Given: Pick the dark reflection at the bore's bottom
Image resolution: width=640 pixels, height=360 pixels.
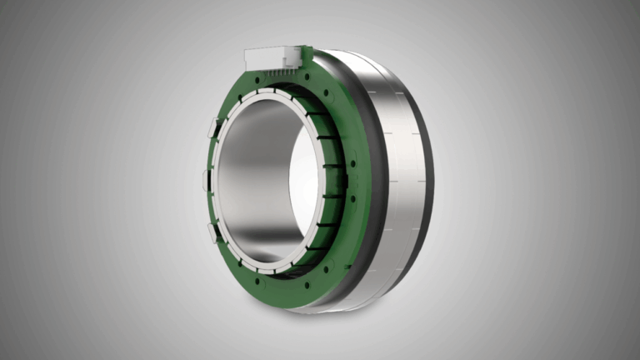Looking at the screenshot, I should pyautogui.click(x=267, y=247).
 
